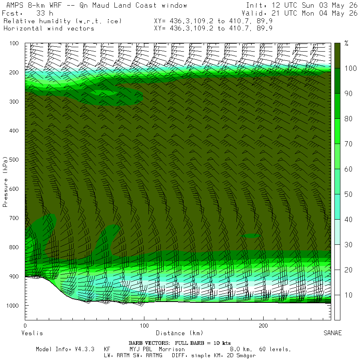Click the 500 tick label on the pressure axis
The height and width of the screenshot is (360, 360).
(14, 160)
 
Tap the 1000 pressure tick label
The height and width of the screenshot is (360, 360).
(13, 306)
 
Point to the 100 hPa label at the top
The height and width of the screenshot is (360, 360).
(14, 43)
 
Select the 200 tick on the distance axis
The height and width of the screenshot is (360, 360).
(263, 326)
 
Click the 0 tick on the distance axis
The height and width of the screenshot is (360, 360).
(25, 326)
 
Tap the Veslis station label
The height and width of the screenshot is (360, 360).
(32, 333)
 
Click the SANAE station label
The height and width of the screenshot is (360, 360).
(333, 333)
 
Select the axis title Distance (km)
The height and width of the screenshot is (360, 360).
(179, 333)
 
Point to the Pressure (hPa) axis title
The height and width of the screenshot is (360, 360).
(5, 182)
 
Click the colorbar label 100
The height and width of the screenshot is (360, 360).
(350, 68)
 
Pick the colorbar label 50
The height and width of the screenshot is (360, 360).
(348, 194)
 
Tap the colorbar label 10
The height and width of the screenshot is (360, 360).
(348, 295)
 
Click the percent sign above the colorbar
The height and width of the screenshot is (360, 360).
(346, 43)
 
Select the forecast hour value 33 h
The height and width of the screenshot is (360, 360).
(44, 13)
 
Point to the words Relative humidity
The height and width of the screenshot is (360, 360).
(37, 21)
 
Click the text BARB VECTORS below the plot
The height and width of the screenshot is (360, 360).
(149, 343)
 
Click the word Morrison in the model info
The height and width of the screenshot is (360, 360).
(172, 349)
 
